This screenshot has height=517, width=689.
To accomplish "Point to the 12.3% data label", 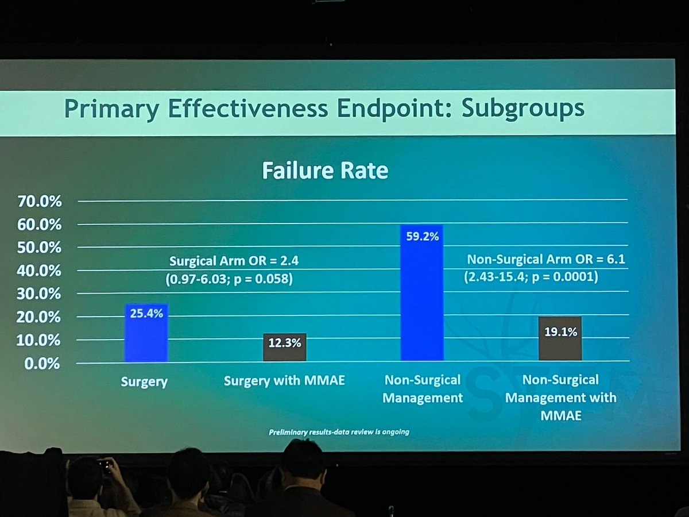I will (x=284, y=343).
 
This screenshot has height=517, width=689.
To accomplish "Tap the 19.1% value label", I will (x=560, y=331).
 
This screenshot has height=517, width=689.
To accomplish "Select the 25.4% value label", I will (x=146, y=314).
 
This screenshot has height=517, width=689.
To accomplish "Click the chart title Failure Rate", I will (x=325, y=171).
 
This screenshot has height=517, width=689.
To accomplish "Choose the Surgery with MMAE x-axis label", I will (x=284, y=381).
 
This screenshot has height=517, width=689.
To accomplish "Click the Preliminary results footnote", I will (x=339, y=431).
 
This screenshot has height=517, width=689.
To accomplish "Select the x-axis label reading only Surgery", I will (x=144, y=381).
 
